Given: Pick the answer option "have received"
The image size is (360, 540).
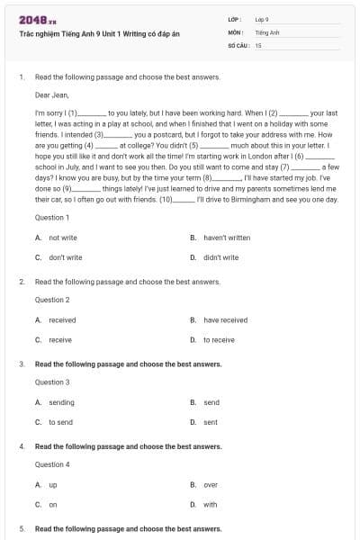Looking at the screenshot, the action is coord(225,319).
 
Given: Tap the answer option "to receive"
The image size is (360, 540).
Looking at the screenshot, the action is coord(219,340).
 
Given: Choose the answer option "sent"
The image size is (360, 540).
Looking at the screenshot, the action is coord(211,422).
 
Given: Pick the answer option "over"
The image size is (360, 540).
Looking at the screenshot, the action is coord(211,484).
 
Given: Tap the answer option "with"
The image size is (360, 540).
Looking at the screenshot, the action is coord(211,505).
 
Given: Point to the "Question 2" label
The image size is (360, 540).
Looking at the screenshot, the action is coord(52,300).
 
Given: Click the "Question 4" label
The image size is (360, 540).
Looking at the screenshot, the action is coord(52,464).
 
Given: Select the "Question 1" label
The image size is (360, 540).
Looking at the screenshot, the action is coord(52,218).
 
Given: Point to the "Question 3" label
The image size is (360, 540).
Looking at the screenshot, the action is coord(52,382).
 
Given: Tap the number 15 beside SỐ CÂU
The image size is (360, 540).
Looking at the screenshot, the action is coord(258,44).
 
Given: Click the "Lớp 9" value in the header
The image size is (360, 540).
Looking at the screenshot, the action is coord(262,19).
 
